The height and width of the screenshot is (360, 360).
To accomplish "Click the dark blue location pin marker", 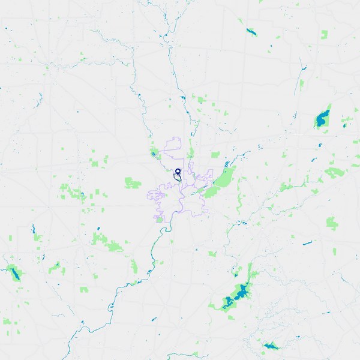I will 178,172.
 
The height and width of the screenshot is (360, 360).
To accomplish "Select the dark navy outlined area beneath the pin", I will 178,177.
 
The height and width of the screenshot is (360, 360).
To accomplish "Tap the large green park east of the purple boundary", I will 221,180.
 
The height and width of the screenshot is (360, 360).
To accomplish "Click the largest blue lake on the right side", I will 323,118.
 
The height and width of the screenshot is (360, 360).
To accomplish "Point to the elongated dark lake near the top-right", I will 251,31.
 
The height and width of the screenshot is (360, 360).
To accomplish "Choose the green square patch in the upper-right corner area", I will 325,34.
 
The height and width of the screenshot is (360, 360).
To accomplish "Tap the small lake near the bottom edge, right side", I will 269,346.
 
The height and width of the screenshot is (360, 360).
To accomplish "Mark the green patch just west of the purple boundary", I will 132,182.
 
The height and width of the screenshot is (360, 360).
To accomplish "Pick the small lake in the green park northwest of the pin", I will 154,154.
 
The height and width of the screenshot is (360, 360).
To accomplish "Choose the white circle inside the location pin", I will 178,171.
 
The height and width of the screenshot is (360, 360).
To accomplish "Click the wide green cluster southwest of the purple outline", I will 107,241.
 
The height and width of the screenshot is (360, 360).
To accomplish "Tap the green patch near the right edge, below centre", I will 332,223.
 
